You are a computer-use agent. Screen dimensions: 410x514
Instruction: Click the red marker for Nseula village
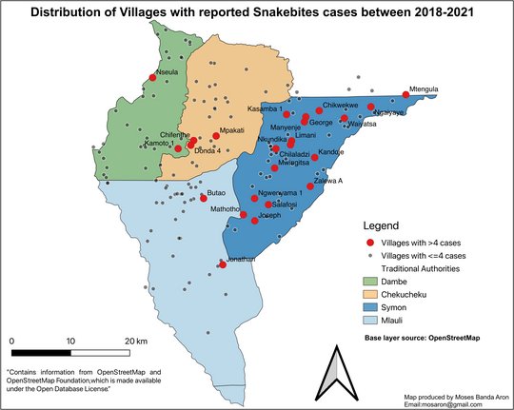(x=152, y=78)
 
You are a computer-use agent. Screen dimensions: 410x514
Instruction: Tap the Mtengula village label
(x=423, y=88)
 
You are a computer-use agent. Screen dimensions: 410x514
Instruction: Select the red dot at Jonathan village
(x=222, y=265)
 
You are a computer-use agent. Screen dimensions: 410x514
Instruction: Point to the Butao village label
(x=216, y=193)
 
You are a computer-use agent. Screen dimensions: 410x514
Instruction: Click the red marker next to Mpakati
(x=216, y=136)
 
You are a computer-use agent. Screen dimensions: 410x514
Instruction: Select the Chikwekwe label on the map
(x=340, y=105)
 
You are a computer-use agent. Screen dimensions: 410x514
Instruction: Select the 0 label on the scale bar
(x=12, y=340)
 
